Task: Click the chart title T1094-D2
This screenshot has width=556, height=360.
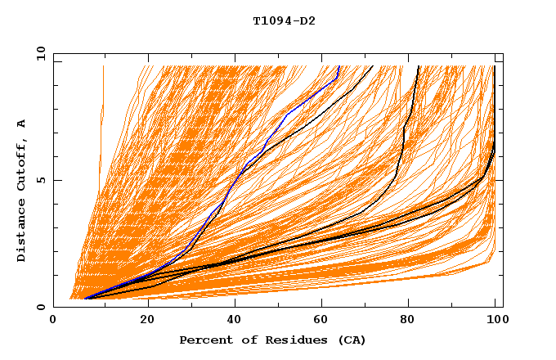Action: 284,21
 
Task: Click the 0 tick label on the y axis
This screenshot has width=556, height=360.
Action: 40,307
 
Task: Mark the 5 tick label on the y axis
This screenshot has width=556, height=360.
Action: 40,180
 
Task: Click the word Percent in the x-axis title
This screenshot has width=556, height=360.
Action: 202,340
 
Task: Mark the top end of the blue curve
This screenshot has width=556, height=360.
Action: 339,66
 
